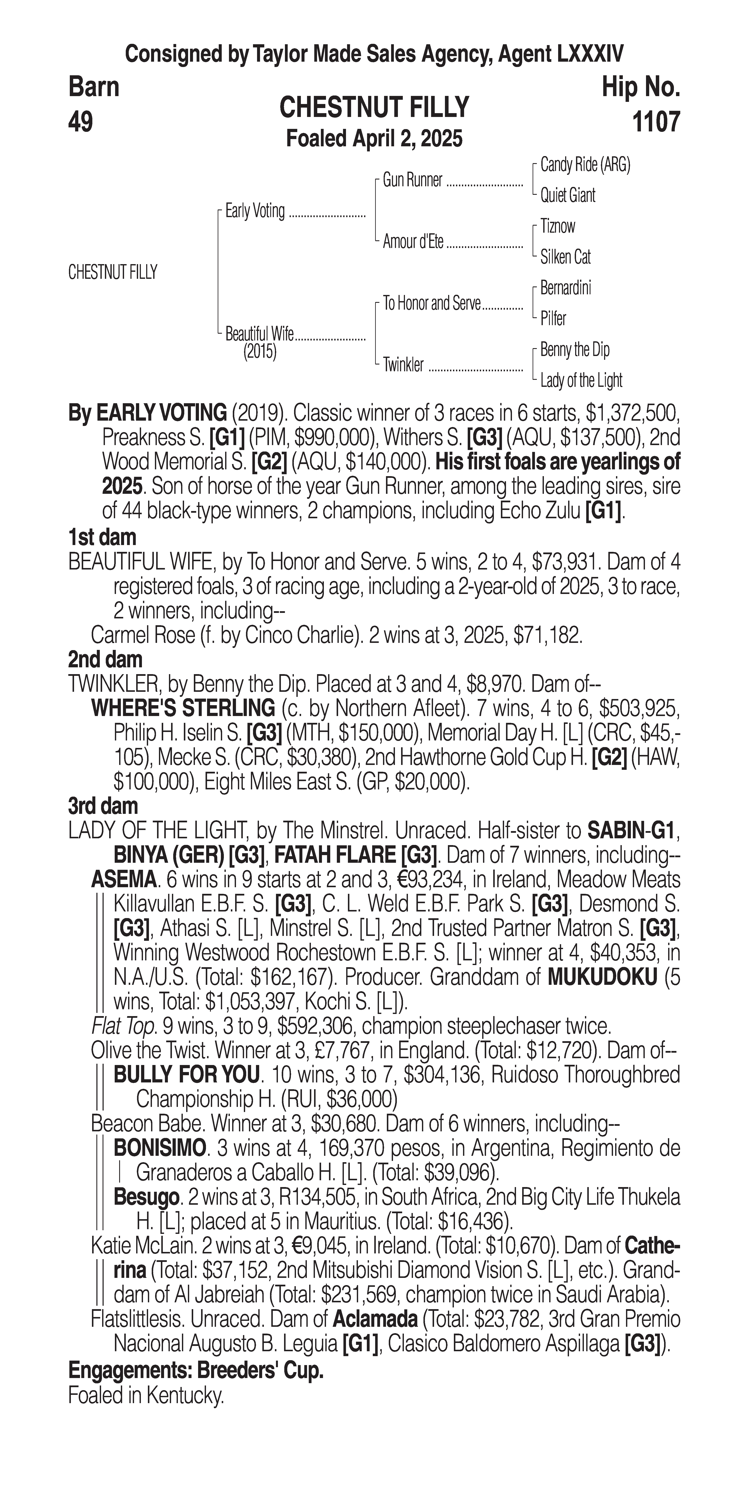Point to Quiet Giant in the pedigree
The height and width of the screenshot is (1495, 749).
[567, 196]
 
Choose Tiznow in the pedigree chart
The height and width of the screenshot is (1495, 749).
[557, 226]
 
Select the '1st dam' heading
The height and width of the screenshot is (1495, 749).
[102, 537]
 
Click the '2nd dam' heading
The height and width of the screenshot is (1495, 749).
[105, 660]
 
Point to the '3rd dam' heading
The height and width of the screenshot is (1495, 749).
[103, 806]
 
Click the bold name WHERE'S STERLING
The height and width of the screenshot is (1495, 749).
[183, 709]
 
